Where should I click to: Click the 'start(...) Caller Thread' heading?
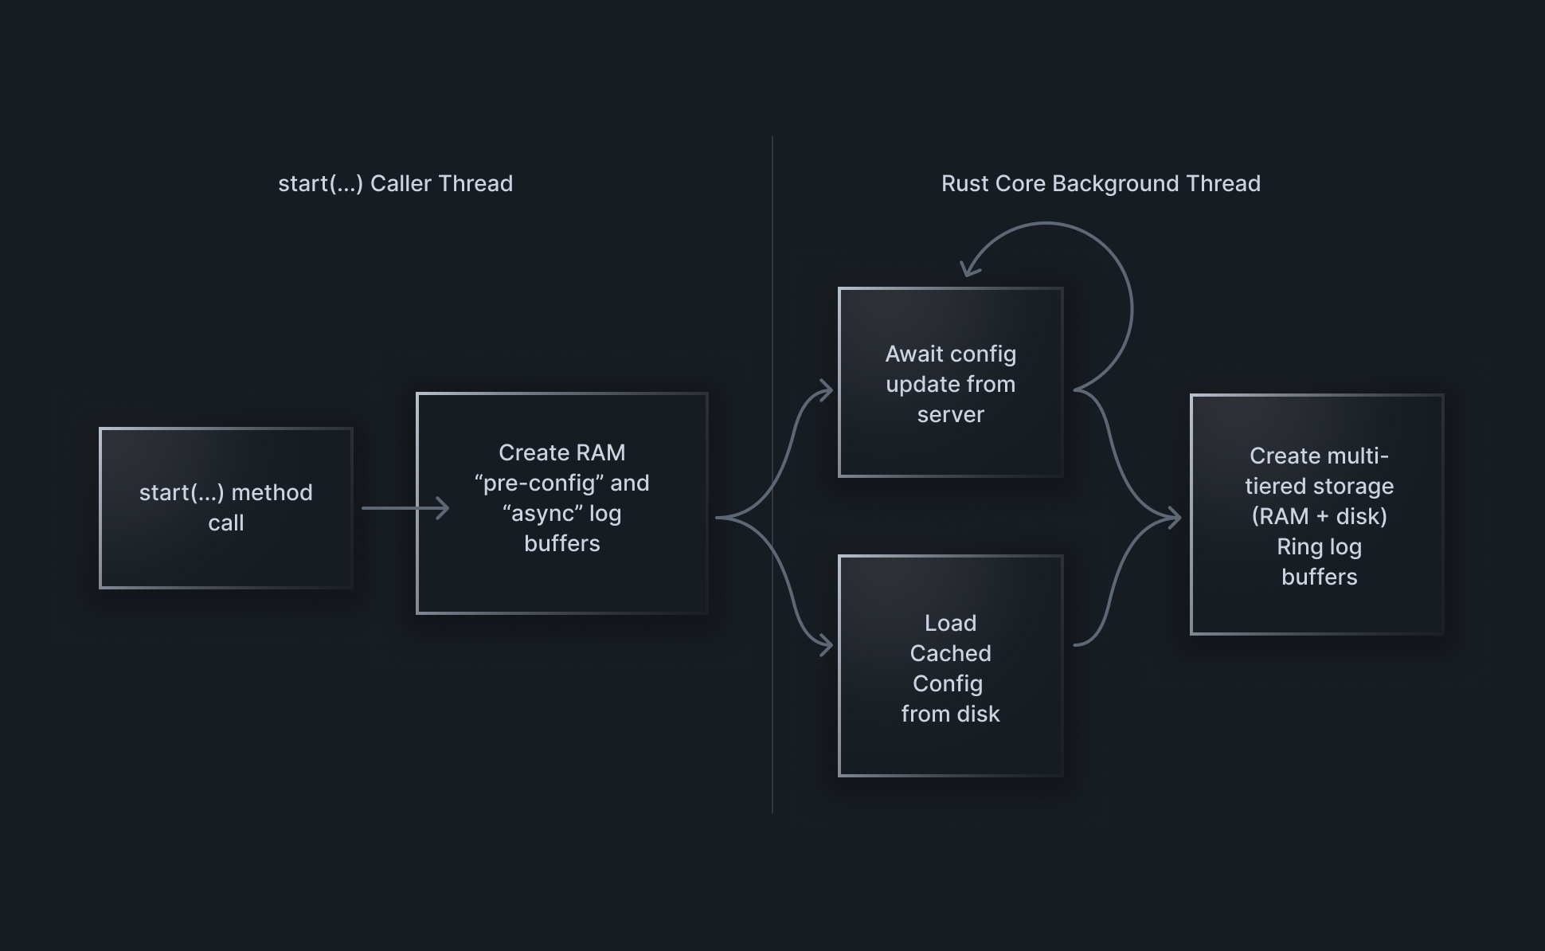pos(395,183)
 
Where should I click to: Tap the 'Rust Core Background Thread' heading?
pos(1101,183)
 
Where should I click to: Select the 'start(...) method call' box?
pos(226,508)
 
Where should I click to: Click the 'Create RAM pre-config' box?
pos(561,503)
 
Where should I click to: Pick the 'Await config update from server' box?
pos(950,382)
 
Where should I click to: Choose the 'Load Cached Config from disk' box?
pos(950,666)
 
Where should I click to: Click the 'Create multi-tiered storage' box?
pos(1316,515)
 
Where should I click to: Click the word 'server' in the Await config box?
pos(950,415)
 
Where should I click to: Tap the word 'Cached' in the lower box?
pos(950,654)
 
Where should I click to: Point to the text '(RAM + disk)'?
pos(1319,517)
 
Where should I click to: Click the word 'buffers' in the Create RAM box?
pos(561,544)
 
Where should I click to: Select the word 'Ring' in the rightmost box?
pos(1299,547)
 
